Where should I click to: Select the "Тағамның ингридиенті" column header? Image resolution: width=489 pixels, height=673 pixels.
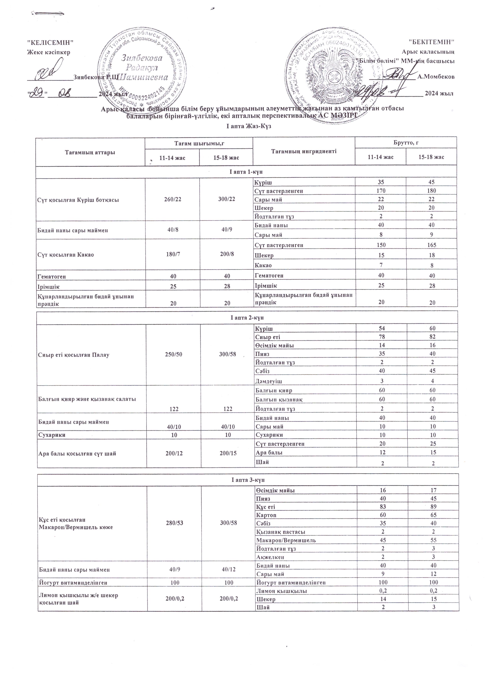(304, 151)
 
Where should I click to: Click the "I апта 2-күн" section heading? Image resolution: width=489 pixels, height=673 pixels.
(247, 318)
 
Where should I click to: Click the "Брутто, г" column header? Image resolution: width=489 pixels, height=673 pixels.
(405, 143)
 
